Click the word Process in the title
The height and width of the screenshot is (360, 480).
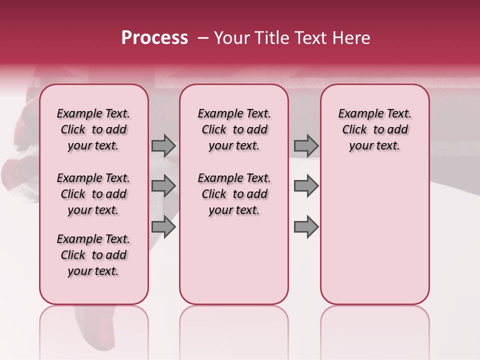click(x=154, y=38)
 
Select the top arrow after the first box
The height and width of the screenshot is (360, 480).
click(x=163, y=145)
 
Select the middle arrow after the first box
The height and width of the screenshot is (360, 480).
click(x=163, y=186)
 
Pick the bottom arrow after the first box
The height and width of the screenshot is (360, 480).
click(x=163, y=226)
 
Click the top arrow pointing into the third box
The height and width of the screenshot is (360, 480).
click(x=306, y=145)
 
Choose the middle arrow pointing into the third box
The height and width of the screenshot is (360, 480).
click(x=306, y=186)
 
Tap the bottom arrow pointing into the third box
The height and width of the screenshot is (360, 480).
click(x=306, y=226)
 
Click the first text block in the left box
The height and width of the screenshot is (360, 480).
click(x=93, y=129)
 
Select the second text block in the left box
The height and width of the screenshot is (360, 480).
click(x=93, y=194)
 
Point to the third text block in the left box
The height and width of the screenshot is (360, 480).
click(x=93, y=255)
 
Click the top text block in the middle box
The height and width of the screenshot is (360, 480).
click(x=234, y=129)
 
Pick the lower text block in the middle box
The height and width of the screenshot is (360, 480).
click(x=234, y=194)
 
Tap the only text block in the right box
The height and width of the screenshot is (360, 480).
click(x=374, y=129)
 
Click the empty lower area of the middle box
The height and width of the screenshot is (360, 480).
click(x=234, y=260)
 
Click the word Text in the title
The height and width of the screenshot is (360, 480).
click(x=311, y=38)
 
